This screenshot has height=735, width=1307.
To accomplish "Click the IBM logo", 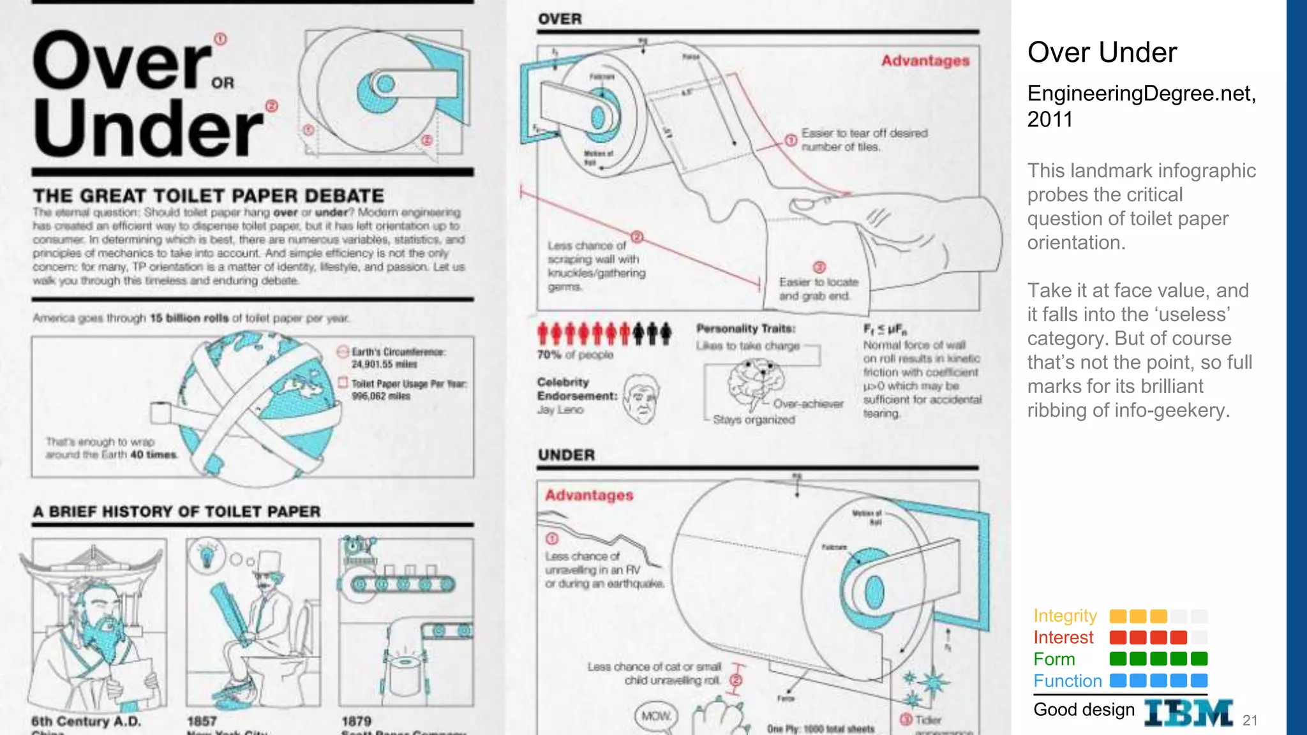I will pos(1188,713).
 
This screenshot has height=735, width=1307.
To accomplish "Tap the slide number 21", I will pos(1250,720).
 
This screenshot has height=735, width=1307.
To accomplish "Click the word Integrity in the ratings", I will pos(1065,616).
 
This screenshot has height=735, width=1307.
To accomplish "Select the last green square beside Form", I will pos(1199,658).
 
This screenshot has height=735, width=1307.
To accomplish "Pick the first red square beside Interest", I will pos(1118,637).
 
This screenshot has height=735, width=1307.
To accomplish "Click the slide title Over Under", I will pos(1102,52).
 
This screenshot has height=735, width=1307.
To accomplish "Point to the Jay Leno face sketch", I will pos(641,400).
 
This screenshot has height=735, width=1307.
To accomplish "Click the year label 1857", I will pos(202,721).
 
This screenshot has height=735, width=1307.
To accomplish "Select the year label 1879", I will pos(356,721).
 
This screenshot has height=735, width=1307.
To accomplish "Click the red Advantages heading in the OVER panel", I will pos(925,61).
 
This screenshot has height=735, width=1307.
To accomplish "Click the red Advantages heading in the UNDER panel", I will pos(589,495).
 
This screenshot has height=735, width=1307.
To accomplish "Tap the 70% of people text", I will pos(574,355).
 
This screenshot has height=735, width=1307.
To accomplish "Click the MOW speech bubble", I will pos(656,716).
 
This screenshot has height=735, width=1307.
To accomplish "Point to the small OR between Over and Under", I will pos(223,83).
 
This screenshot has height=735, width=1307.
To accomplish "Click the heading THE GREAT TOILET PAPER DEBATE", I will pos(209,195).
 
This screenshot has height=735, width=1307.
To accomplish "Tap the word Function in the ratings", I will pos(1068,681).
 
